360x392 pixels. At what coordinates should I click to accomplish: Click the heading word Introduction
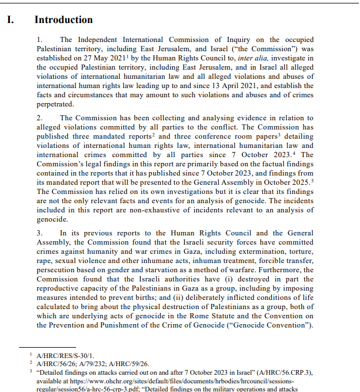pos(63,20)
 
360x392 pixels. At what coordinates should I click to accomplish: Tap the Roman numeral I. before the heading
pos(10,20)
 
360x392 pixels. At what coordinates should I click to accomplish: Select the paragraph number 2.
pos(40,118)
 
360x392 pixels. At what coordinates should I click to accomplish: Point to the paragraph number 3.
pos(40,233)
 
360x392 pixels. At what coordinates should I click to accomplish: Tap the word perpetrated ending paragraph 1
pos(55,104)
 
